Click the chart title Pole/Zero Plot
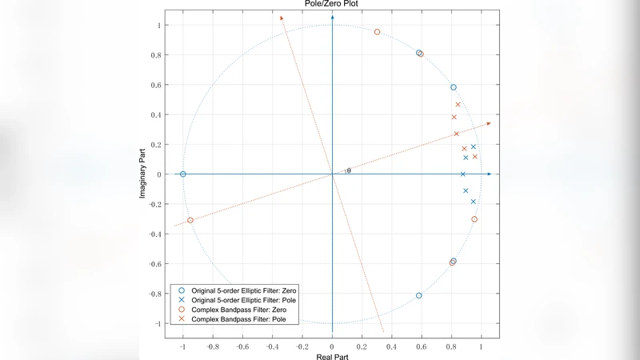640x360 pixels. (332, 4)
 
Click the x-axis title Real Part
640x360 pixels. (332, 354)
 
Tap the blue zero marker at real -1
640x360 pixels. (183, 174)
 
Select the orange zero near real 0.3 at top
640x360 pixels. (377, 32)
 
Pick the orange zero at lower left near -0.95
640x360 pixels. (190, 220)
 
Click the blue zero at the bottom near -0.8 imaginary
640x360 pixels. (419, 296)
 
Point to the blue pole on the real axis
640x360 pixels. (462, 174)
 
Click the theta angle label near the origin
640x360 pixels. (348, 170)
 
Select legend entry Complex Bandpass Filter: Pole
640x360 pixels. (239, 319)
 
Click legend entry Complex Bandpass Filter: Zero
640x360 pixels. (239, 309)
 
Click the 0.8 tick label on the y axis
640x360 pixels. (156, 55)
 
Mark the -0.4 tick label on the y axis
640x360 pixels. (154, 234)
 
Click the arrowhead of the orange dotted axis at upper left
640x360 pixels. (282, 19)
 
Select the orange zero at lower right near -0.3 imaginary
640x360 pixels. (474, 219)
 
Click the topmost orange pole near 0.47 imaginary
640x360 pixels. (458, 105)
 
